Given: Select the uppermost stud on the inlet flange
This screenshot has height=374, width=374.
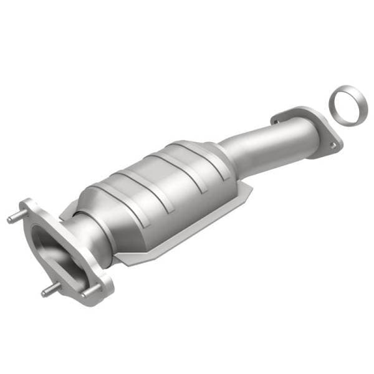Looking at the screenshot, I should pyautogui.click(x=14, y=219).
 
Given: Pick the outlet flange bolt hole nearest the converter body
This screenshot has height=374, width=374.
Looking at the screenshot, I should pyautogui.click(x=279, y=116).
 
